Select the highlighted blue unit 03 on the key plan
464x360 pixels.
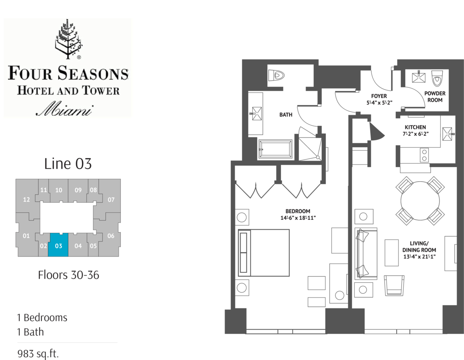click(58, 245)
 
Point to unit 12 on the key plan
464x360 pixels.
click(26, 199)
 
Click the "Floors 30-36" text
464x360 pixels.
click(69, 275)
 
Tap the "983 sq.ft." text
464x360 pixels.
click(38, 353)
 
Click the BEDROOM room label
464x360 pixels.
click(298, 211)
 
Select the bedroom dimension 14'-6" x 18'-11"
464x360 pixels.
click(298, 218)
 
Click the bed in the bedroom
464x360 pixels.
click(264, 253)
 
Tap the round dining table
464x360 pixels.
click(420, 201)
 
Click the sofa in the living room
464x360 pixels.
click(366, 253)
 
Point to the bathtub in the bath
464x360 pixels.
click(275, 149)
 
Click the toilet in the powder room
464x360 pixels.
click(436, 78)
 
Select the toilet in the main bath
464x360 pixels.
click(276, 75)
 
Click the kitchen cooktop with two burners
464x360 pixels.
click(424, 155)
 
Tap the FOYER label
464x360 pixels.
click(379, 96)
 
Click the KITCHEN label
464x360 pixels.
click(416, 127)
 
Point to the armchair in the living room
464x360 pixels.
click(394, 286)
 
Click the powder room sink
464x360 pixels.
click(419, 77)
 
